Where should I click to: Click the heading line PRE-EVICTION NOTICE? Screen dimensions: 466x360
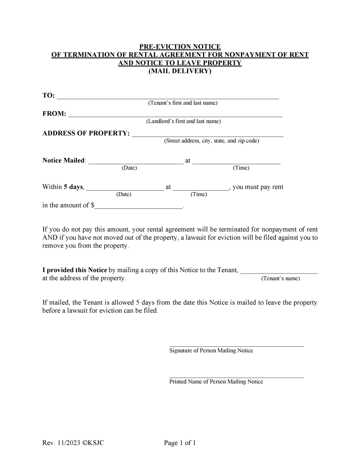pos(180,47)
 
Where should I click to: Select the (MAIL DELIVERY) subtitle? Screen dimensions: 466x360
pos(180,71)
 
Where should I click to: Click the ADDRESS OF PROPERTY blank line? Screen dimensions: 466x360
pos(207,136)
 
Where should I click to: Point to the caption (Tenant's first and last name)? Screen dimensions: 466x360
pos(183,103)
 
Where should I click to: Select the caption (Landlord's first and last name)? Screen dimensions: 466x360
pos(183,122)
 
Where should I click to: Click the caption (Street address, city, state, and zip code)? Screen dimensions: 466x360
pos(211,141)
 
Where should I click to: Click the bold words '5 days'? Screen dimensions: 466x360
pos(73,187)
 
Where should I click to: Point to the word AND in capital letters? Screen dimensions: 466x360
pos(50,238)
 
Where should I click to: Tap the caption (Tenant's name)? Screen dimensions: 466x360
pos(280,279)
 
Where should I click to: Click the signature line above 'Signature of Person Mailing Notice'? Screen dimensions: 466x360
pos(236,346)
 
